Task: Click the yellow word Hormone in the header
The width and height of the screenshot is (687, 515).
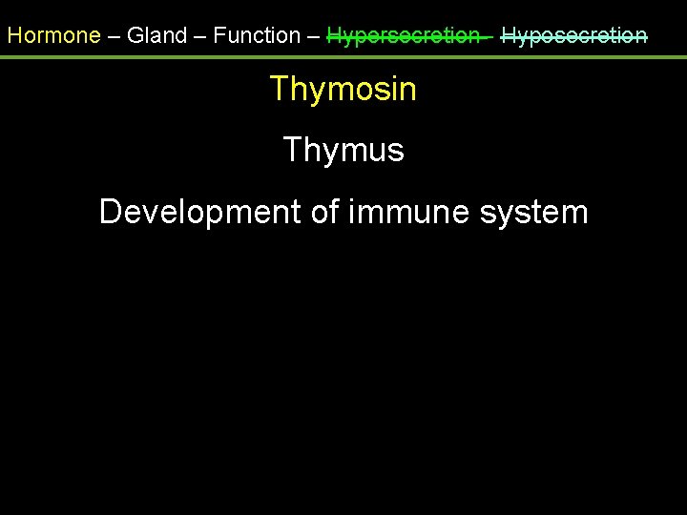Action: coord(53,36)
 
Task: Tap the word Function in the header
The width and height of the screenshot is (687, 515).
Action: coord(257,36)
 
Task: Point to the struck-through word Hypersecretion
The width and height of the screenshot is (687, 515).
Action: coord(403,36)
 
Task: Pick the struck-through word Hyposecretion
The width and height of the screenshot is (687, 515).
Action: coord(574,36)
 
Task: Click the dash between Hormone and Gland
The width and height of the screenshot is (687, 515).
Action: coord(114,36)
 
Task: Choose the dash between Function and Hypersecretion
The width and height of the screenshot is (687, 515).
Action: coord(313,36)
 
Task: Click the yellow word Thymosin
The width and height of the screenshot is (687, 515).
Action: coord(343,90)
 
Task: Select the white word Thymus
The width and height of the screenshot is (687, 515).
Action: coord(343,151)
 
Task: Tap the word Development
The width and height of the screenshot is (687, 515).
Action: coord(200,212)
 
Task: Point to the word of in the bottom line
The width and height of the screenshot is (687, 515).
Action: coord(325,212)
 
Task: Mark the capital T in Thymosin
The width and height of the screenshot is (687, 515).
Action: coord(279,90)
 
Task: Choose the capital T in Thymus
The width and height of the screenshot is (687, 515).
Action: coord(292,151)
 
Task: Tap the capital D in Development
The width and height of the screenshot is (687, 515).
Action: coord(111,212)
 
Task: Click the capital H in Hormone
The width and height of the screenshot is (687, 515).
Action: coord(14,36)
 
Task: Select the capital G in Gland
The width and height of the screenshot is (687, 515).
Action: coord(135,36)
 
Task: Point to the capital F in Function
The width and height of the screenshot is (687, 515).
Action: coord(219,36)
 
